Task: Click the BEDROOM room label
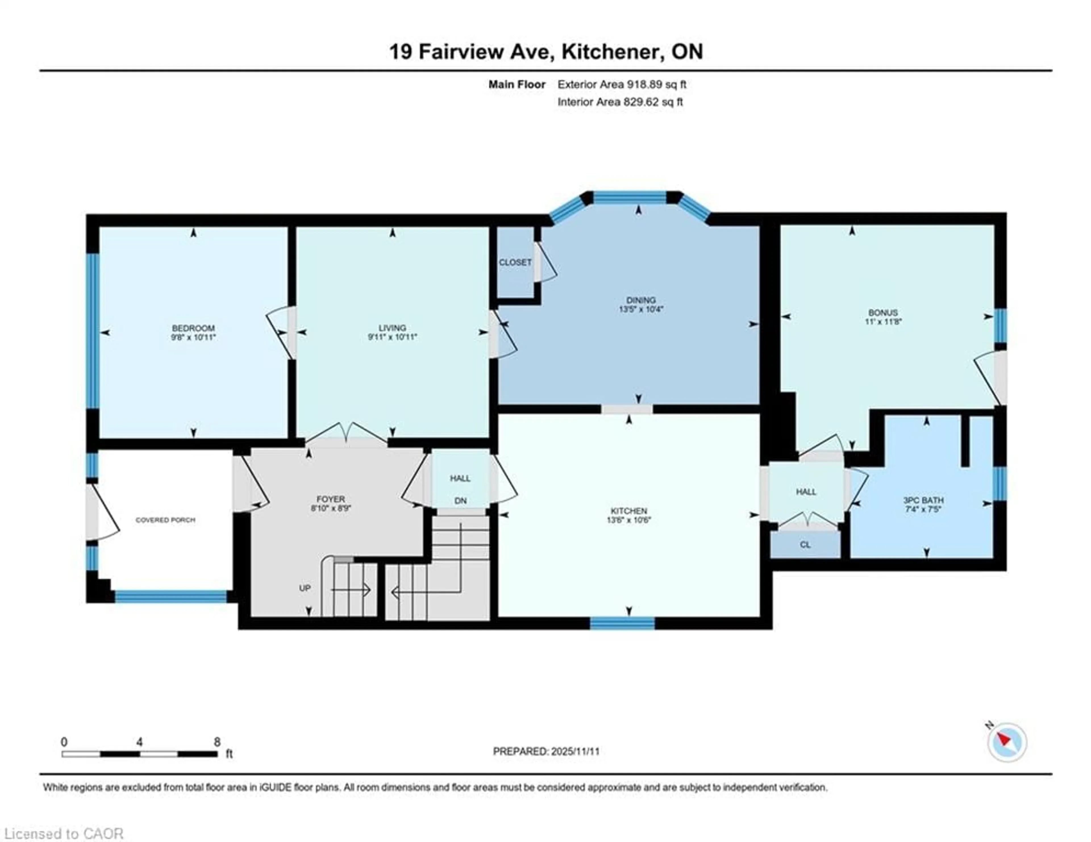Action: (193, 328)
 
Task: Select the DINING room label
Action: (641, 300)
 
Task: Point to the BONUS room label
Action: (883, 313)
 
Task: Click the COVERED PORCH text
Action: (165, 520)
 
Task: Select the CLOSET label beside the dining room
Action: (515, 262)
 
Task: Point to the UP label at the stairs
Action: (305, 588)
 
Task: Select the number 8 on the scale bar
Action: (217, 742)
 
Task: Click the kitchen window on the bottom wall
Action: (622, 623)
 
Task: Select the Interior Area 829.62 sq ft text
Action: (620, 102)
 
